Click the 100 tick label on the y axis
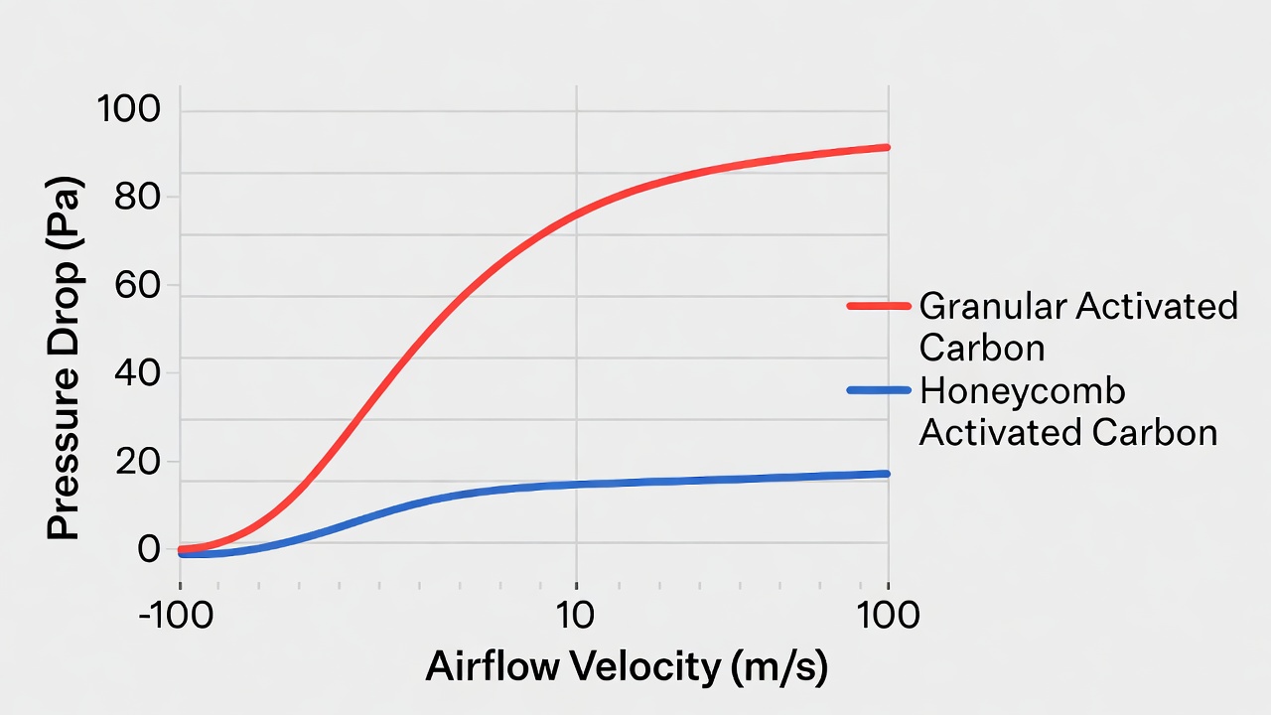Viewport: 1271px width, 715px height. coord(128,109)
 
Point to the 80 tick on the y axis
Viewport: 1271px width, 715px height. coord(138,197)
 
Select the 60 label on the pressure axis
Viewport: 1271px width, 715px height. coord(138,285)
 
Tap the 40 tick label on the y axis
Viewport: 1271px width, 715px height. coord(138,373)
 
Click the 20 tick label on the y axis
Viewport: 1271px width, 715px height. coord(138,462)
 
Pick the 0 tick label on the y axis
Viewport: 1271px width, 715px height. coord(149,549)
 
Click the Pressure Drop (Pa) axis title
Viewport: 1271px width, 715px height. coord(64,360)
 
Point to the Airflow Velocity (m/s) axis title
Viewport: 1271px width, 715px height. coord(626,667)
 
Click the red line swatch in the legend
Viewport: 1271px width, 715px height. coord(878,307)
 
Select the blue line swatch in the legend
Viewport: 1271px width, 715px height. coord(878,391)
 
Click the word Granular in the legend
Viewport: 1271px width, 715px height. coord(994,307)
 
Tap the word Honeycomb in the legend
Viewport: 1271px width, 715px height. coord(1023,391)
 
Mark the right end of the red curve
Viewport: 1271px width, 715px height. coord(887,147)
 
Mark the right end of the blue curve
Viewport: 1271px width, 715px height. coord(887,474)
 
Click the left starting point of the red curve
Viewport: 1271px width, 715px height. coord(181,548)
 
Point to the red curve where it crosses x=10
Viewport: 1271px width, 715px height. coord(577,214)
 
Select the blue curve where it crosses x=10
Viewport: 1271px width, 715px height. coord(577,485)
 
